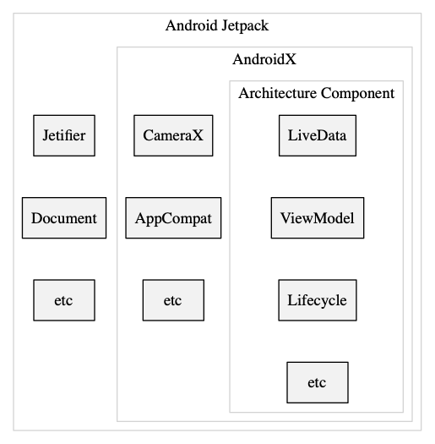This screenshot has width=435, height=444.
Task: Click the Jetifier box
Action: [64, 135]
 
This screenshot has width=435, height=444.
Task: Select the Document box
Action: [64, 218]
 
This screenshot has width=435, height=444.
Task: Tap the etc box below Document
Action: [64, 300]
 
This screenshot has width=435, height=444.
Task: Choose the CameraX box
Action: [173, 135]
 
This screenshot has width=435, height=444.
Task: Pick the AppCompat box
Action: [173, 218]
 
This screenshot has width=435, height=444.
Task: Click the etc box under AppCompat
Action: [173, 300]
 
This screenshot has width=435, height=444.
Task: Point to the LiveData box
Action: [317, 135]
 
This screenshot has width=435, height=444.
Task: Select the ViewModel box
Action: [317, 218]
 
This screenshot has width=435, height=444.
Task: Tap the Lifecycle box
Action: [317, 300]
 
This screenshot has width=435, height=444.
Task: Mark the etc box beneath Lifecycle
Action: [317, 382]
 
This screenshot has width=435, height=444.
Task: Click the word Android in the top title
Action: [191, 25]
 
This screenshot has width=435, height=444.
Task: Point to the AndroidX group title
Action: [264, 60]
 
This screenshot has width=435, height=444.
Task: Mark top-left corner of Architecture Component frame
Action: [230, 80]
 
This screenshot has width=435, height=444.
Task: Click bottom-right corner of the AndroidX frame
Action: [412, 421]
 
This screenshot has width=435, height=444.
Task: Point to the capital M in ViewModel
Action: [317, 218]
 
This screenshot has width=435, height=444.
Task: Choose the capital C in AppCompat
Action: [173, 218]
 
